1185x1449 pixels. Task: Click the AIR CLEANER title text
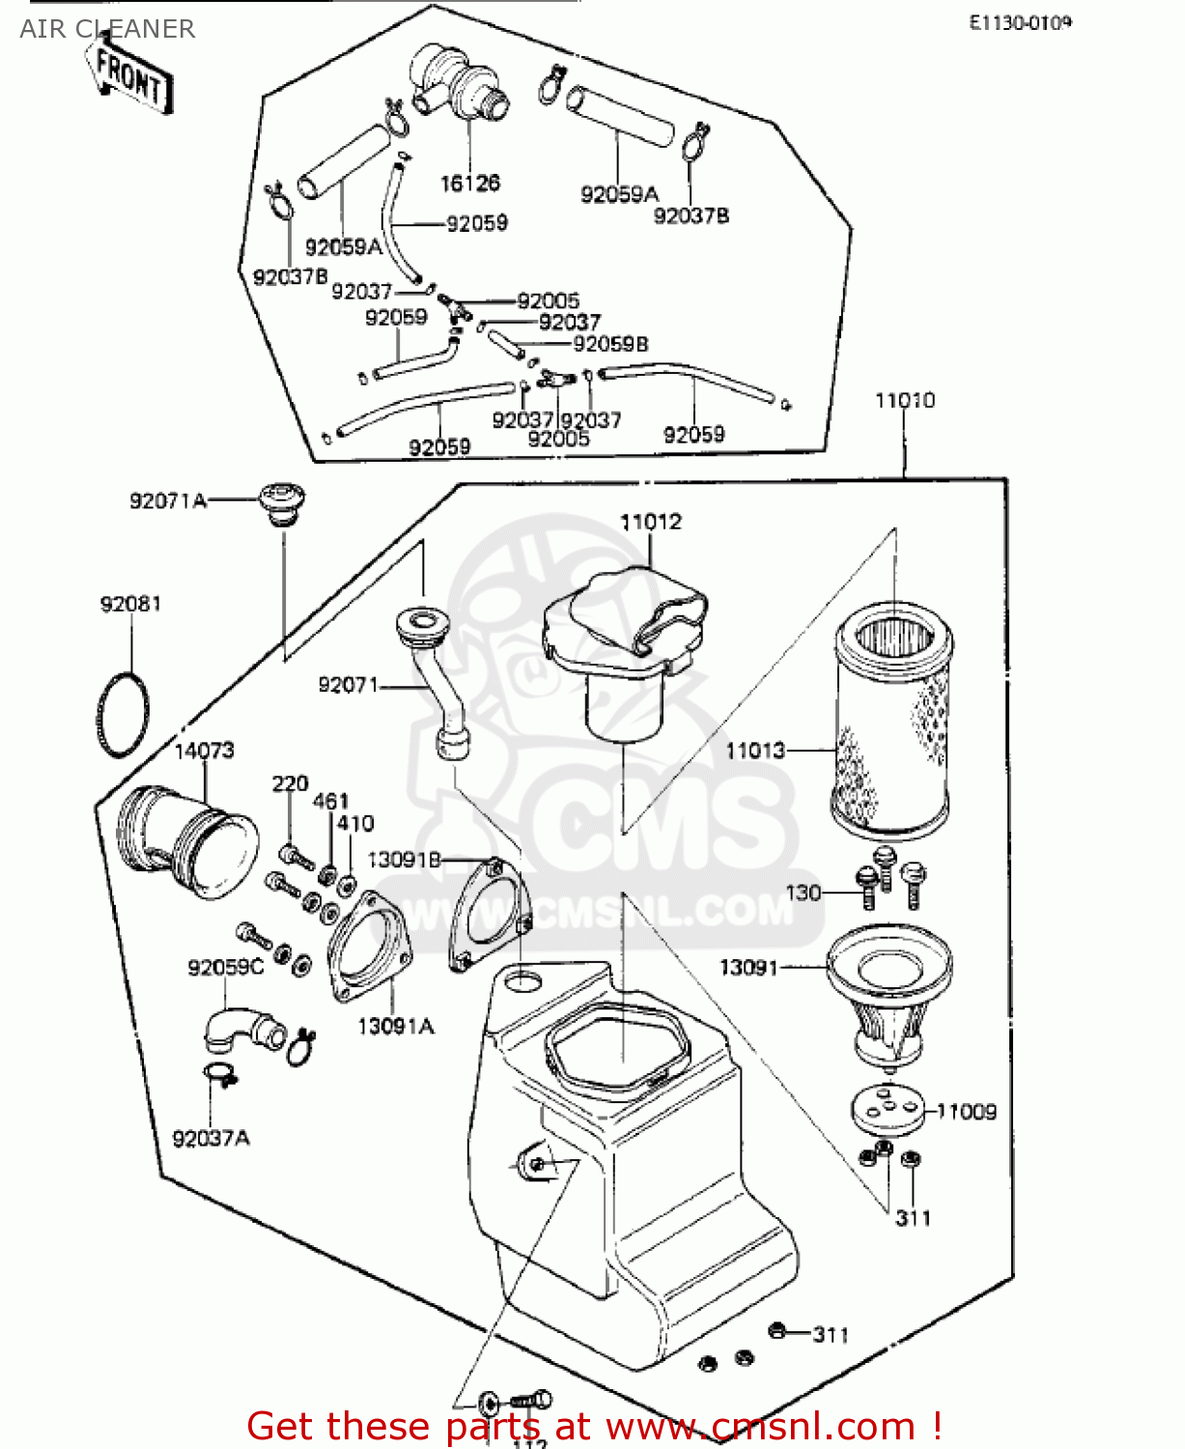107,29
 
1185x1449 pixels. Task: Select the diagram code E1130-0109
1020,23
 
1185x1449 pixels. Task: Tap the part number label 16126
470,183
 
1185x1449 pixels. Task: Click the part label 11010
905,400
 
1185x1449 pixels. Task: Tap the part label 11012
650,522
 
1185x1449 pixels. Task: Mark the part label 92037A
211,1138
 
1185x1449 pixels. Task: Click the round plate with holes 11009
887,1110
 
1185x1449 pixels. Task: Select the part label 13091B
403,859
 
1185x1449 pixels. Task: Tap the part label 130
803,893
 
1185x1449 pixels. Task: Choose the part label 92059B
610,344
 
